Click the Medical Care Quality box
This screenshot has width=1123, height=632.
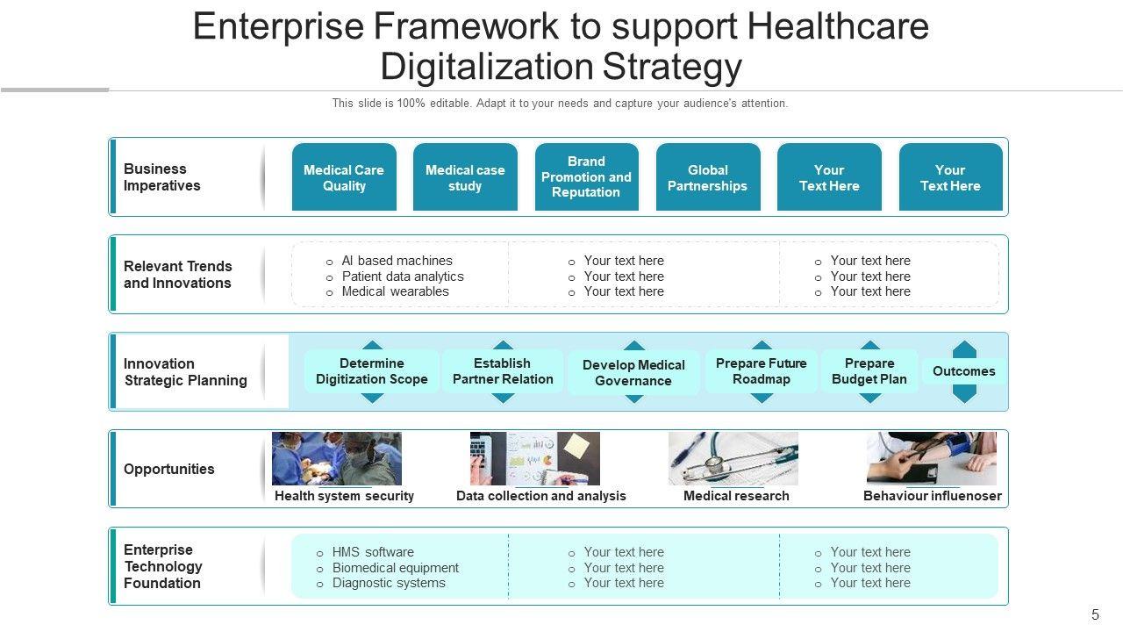point(344,177)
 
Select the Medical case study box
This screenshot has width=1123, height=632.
point(465,177)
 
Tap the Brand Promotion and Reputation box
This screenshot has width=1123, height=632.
point(586,177)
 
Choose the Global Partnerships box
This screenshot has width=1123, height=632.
point(707,177)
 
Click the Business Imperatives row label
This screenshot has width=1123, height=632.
point(162,177)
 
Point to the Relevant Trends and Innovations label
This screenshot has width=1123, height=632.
point(177,275)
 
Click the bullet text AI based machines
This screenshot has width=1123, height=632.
point(397,261)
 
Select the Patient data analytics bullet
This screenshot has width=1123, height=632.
point(402,276)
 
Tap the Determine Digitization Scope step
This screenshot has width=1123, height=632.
point(372,371)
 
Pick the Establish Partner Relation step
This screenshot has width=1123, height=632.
point(503,371)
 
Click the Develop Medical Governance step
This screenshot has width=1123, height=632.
point(633,373)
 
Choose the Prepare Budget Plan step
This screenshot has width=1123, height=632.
point(869,371)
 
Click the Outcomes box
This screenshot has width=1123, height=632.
point(964,371)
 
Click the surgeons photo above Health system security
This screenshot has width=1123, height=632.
point(337,458)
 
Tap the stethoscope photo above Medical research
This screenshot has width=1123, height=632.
point(733,458)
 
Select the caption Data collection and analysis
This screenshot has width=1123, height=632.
point(541,496)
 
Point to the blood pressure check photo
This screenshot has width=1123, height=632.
point(932,458)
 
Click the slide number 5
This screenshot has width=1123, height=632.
point(1095,614)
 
